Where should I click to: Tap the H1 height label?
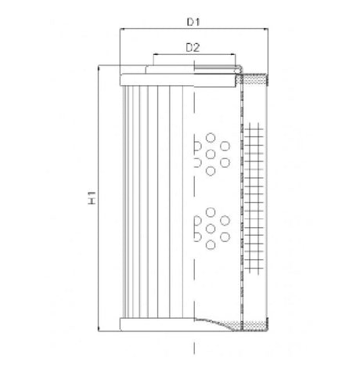point(92,198)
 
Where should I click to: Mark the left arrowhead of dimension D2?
point(157,56)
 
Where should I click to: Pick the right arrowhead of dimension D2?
point(232,56)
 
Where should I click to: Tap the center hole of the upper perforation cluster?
point(210,153)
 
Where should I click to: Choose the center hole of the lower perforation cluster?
point(210,228)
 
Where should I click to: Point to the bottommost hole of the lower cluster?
point(210,246)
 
